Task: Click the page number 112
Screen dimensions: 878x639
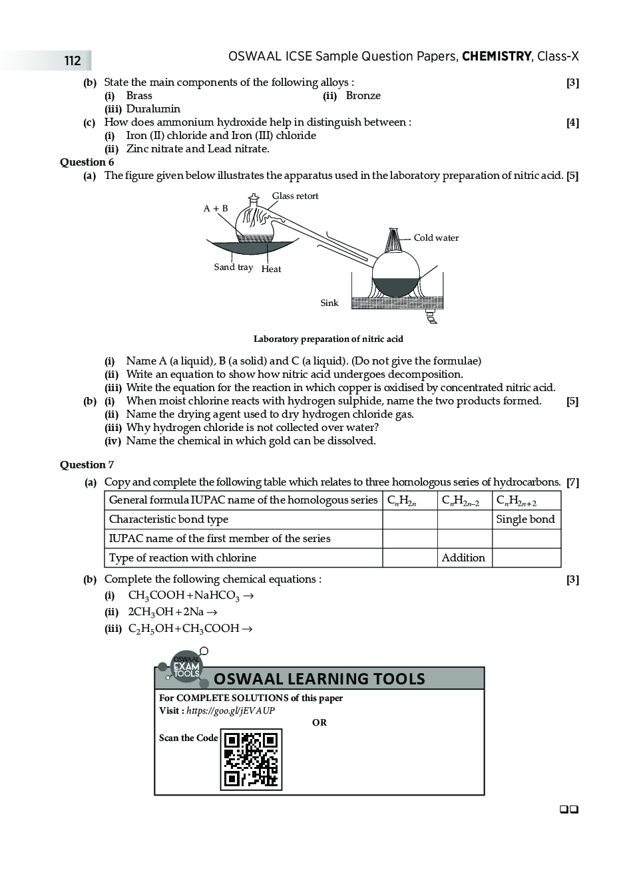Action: tap(73, 61)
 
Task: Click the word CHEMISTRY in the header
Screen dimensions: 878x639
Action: tap(497, 57)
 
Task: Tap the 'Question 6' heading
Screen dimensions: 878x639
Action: tap(87, 162)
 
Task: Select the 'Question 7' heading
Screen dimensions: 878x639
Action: tap(87, 465)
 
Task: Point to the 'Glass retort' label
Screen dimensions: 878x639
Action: tap(295, 196)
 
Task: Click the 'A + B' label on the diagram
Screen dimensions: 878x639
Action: tap(216, 209)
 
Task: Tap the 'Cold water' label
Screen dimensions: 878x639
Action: tap(436, 238)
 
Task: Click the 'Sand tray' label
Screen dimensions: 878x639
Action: tap(233, 267)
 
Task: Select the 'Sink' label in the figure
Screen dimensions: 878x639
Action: tap(329, 303)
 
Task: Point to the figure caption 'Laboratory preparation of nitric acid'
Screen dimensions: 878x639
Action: tap(328, 339)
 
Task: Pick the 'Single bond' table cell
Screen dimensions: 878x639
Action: tap(525, 519)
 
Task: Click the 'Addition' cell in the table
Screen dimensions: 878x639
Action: tap(463, 558)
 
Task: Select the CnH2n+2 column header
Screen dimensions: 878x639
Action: tap(517, 501)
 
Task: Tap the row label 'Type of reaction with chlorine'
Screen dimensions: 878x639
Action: tap(182, 558)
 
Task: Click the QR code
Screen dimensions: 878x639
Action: tap(251, 760)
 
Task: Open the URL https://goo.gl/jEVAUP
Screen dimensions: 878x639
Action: tap(230, 710)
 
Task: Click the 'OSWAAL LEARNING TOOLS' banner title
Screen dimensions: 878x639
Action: tap(319, 679)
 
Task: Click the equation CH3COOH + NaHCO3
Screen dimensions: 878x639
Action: tap(184, 596)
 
